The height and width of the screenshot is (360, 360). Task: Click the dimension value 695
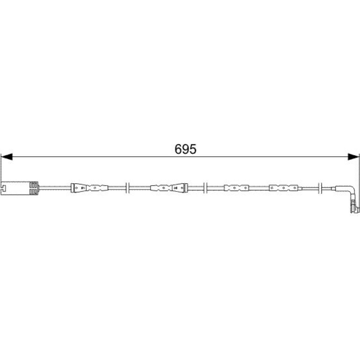[185, 149]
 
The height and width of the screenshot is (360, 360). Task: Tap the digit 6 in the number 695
[178, 149]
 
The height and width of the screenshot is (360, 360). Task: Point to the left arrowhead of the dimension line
[7, 157]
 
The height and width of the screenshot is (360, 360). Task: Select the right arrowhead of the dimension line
[353, 157]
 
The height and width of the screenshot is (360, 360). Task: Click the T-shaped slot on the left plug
[3, 188]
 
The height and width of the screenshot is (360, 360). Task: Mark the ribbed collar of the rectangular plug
[34, 188]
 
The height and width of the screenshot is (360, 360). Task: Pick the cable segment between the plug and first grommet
[55, 188]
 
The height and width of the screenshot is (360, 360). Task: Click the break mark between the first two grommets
[128, 188]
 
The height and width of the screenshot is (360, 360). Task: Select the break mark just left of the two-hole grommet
[206, 188]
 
